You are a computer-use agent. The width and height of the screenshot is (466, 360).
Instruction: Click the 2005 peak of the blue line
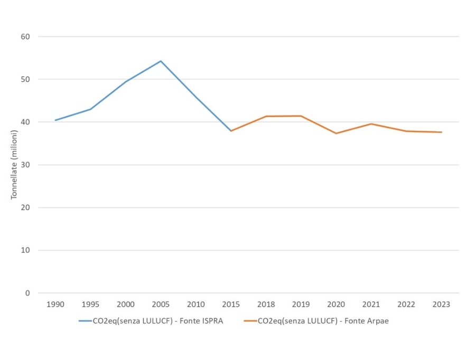coord(161,61)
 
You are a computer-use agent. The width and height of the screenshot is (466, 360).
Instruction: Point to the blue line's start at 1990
coord(55,120)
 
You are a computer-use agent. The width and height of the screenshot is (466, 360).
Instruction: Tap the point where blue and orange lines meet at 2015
coord(231,131)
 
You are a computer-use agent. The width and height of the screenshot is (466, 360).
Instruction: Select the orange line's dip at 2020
coord(336,133)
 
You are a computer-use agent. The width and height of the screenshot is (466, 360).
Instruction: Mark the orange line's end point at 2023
coord(441,132)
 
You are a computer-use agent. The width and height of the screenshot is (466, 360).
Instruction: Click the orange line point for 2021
coord(371,124)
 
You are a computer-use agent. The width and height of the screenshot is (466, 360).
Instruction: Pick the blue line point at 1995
coord(90,109)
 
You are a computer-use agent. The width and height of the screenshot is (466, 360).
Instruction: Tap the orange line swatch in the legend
coord(250,321)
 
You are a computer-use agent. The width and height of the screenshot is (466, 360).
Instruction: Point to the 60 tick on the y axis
coord(26,36)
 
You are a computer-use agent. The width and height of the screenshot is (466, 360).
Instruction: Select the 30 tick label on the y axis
coord(26,165)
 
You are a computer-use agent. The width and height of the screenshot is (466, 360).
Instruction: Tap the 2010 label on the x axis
coord(195,305)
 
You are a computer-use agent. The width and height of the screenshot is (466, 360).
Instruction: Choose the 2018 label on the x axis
coord(266,305)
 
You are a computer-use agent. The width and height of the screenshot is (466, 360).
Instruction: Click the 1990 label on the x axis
coord(55,305)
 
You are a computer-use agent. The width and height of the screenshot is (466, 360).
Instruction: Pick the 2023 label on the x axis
coord(441,305)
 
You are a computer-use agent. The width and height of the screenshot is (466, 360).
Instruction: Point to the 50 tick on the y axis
coord(26,79)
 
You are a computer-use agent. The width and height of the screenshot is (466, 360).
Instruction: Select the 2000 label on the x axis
coord(126,305)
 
